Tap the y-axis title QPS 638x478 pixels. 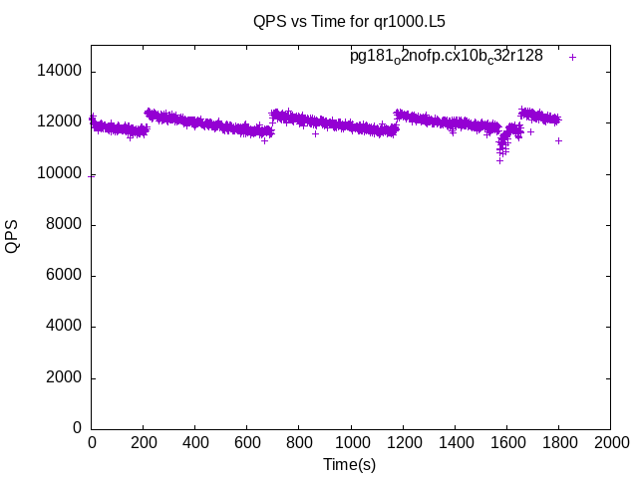[x=12, y=237]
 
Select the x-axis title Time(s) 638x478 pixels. [x=350, y=464]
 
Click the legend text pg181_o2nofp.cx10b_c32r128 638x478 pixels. [x=446, y=56]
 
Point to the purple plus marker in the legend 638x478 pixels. [x=572, y=57]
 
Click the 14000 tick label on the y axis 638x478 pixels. [x=61, y=72]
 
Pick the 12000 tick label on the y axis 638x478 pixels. [x=61, y=122]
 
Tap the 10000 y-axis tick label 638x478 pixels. [x=61, y=173]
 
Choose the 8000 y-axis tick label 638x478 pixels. [x=65, y=225]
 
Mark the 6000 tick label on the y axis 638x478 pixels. [x=65, y=276]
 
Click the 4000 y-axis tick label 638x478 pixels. [x=65, y=327]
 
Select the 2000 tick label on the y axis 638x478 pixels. [x=65, y=378]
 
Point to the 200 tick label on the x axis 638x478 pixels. [x=144, y=442]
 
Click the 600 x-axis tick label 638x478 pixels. [x=247, y=442]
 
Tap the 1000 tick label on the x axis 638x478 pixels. [x=351, y=442]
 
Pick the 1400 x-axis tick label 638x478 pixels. [x=455, y=442]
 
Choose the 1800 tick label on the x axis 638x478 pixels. [x=558, y=442]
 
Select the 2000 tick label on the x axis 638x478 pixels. [x=610, y=442]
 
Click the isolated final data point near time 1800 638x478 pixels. [x=559, y=140]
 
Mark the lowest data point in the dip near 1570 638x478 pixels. [x=499, y=159]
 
